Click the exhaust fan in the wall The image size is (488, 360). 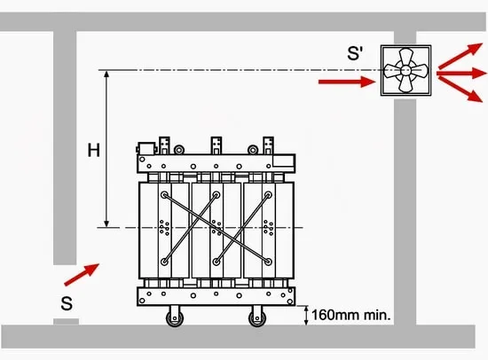point(405,70)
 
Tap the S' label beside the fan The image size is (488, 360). point(355,53)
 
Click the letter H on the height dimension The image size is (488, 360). point(94,150)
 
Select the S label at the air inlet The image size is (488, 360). point(67,303)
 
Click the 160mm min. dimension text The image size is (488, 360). point(351,315)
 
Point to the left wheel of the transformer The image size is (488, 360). point(175,317)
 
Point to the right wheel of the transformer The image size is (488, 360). point(257,317)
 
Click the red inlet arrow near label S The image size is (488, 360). point(82,275)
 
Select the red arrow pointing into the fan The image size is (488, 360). point(347,82)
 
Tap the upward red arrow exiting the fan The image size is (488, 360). point(460,56)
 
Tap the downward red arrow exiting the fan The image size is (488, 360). point(460,90)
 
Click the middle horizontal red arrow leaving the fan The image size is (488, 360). point(461,74)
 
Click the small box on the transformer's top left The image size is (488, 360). point(146,148)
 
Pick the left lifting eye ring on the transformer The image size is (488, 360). point(179,150)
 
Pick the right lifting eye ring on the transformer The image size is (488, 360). point(253,150)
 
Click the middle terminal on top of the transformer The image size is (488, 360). point(216,145)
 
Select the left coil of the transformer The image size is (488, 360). point(164,231)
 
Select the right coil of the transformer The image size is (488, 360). point(268,231)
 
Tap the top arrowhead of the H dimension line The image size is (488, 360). point(106,74)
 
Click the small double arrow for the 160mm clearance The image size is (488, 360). point(306,316)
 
